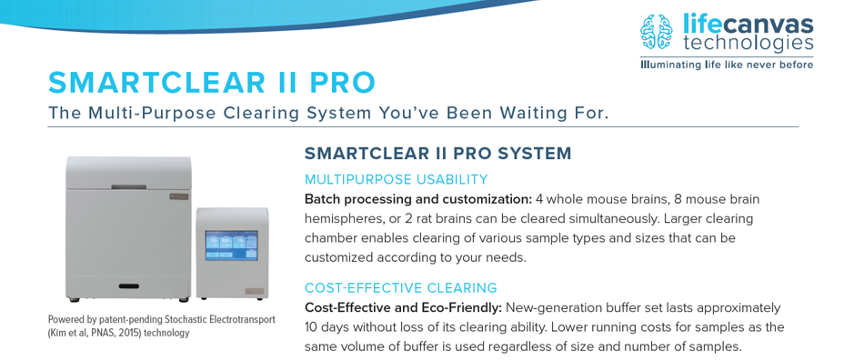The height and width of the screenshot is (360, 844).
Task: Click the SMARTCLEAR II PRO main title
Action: (x=211, y=83)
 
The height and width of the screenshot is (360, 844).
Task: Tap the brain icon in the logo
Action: (x=658, y=33)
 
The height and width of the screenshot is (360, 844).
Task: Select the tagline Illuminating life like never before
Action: (x=727, y=65)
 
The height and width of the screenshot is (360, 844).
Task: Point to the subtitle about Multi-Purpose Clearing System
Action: (x=327, y=113)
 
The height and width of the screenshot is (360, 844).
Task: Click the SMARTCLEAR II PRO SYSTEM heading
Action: (x=437, y=154)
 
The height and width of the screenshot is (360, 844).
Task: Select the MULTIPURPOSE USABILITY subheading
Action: (x=396, y=179)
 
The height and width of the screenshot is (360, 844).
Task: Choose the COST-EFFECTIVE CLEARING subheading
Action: (x=400, y=287)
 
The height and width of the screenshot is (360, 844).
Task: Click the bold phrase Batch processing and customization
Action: (x=417, y=199)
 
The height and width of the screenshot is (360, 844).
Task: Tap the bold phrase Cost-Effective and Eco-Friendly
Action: (x=403, y=307)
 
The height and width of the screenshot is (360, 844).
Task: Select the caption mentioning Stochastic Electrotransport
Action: (x=161, y=319)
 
